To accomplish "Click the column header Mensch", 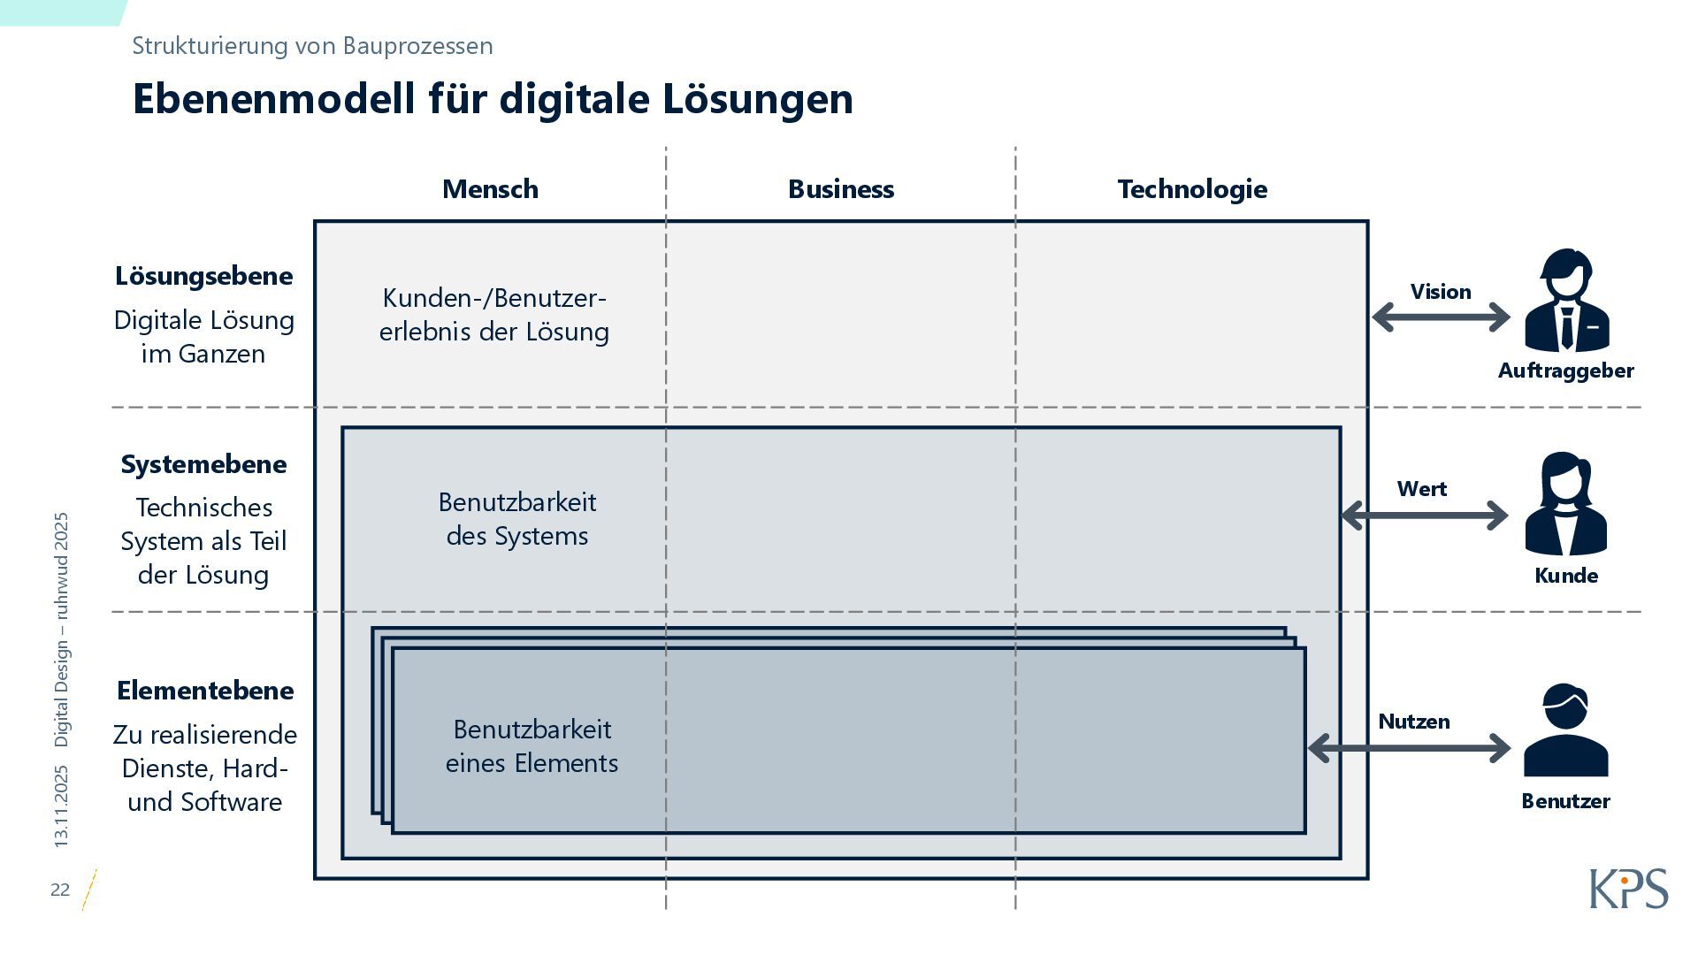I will pyautogui.click(x=490, y=189).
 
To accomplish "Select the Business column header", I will pyautogui.click(x=840, y=189).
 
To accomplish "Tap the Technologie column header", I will pyautogui.click(x=1191, y=189).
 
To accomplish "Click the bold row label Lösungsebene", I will pyautogui.click(x=203, y=276).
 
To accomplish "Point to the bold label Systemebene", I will pyautogui.click(x=203, y=464).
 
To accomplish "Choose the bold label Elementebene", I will pyautogui.click(x=204, y=691).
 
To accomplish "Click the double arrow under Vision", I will pyautogui.click(x=1441, y=317).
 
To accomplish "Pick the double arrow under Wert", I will pyautogui.click(x=1424, y=516).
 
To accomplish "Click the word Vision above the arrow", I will pyautogui.click(x=1441, y=292).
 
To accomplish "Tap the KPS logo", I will pyautogui.click(x=1628, y=889).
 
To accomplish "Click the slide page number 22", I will pyautogui.click(x=60, y=890).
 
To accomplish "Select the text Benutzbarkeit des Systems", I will pyautogui.click(x=517, y=519).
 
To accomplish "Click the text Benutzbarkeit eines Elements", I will pyautogui.click(x=532, y=746).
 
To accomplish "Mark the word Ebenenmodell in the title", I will pyautogui.click(x=273, y=98).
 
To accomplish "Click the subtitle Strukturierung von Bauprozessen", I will pyautogui.click(x=312, y=46).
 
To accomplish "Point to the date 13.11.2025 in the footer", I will pyautogui.click(x=61, y=806).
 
